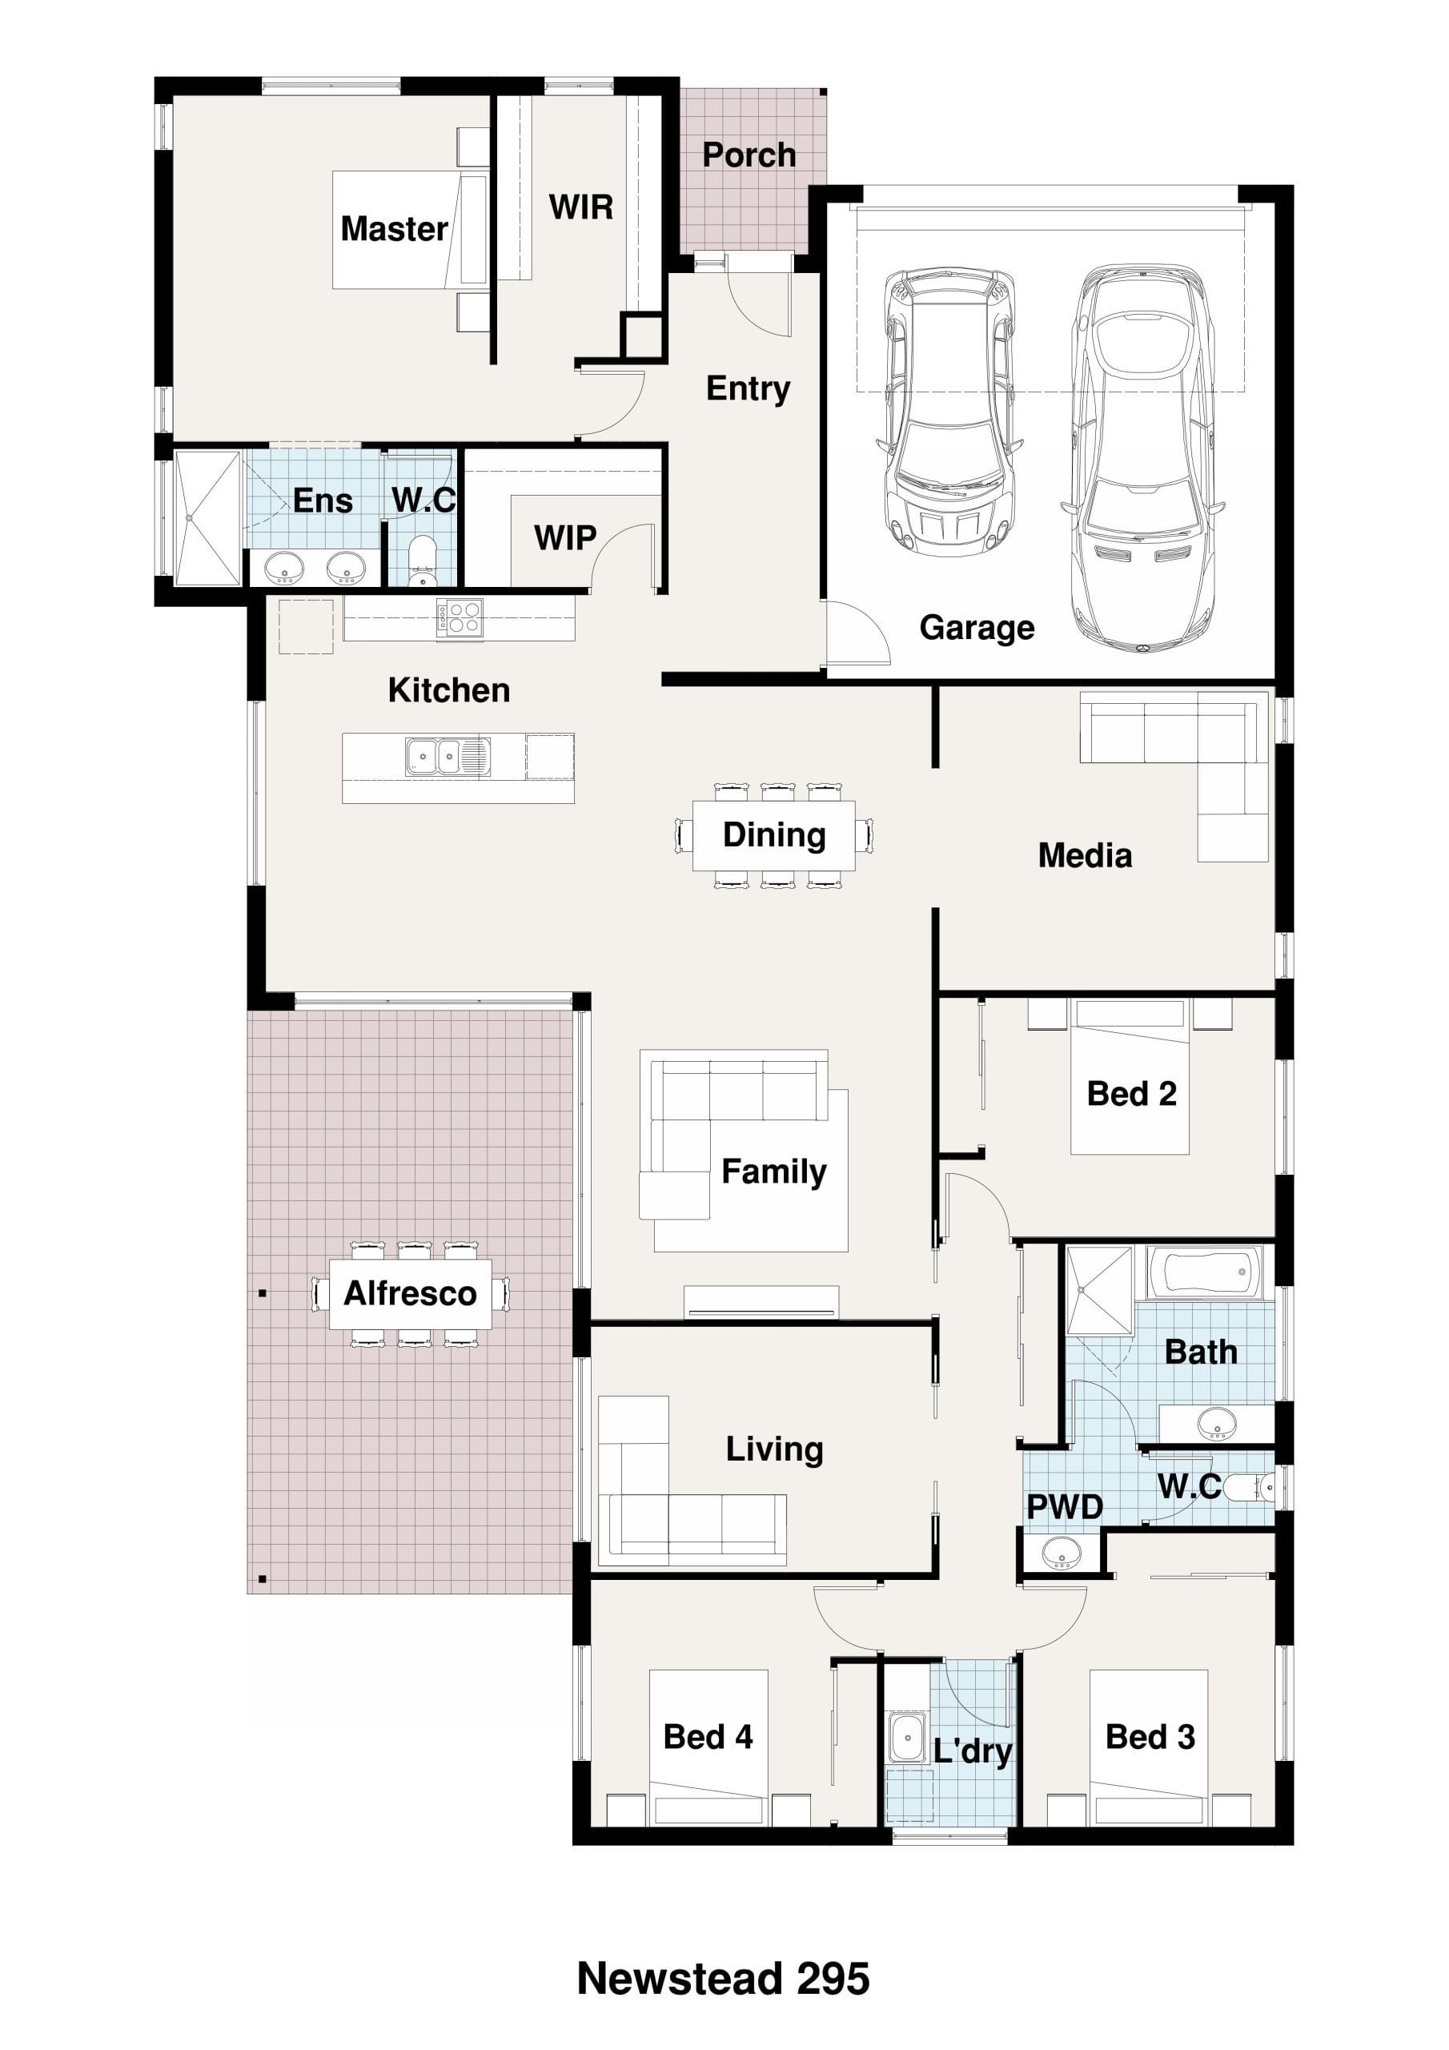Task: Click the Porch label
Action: pyautogui.click(x=749, y=155)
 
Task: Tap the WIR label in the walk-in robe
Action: pyautogui.click(x=581, y=207)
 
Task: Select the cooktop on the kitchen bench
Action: pyautogui.click(x=460, y=617)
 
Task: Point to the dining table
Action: pyautogui.click(x=774, y=836)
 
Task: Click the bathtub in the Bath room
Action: pyautogui.click(x=1204, y=1272)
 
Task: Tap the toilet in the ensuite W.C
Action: pyautogui.click(x=421, y=559)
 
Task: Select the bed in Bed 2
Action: pyautogui.click(x=1130, y=1077)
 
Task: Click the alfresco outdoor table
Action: pyautogui.click(x=411, y=1294)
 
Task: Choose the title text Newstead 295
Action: pyautogui.click(x=723, y=1979)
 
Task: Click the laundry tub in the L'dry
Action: pyautogui.click(x=907, y=1738)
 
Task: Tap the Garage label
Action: pyautogui.click(x=977, y=628)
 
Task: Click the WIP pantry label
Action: pyautogui.click(x=565, y=537)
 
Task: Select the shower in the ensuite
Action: pyautogui.click(x=208, y=519)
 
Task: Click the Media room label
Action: pyautogui.click(x=1085, y=855)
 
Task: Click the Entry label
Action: pyautogui.click(x=749, y=388)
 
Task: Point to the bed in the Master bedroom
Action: pyautogui.click(x=411, y=230)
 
